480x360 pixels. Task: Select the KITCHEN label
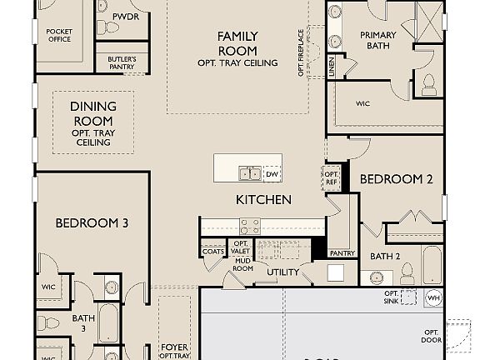263,200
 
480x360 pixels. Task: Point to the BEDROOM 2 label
396,179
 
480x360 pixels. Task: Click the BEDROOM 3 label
92,222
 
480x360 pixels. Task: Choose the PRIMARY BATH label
377,40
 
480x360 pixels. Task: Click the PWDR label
126,16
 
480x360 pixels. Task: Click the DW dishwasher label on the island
272,174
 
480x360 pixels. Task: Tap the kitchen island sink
249,174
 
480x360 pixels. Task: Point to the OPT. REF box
330,177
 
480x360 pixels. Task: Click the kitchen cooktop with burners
251,225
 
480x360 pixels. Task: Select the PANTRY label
342,253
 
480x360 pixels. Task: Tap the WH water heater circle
433,297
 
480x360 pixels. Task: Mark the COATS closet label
212,251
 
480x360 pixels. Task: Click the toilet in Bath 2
407,271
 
